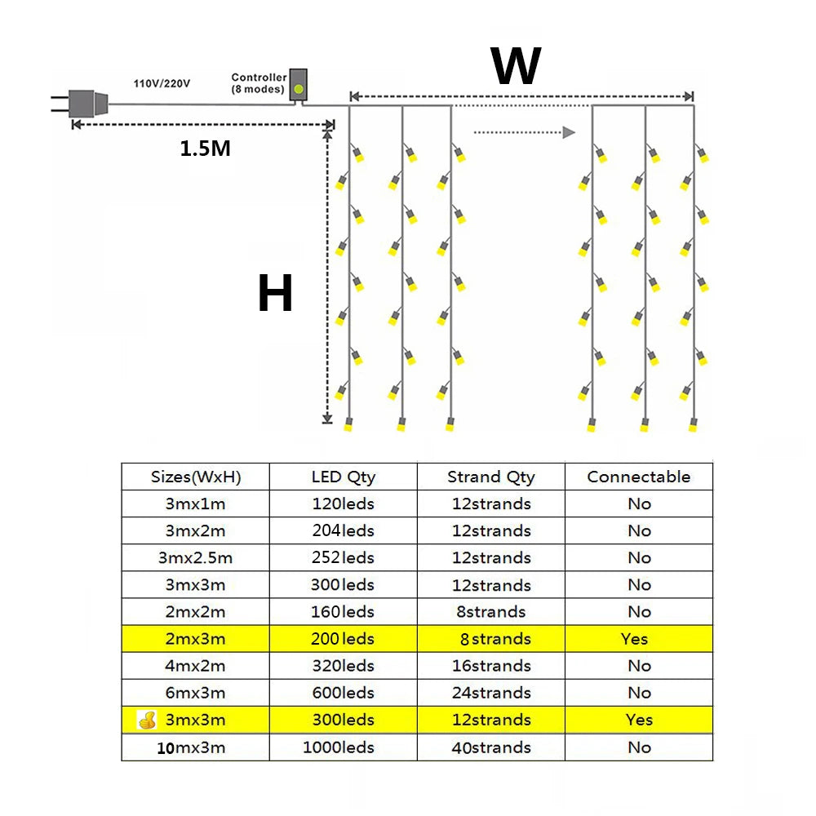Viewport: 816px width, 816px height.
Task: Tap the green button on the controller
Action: click(299, 87)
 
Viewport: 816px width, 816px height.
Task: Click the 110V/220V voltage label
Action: click(162, 83)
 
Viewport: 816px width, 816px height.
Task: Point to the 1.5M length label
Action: click(205, 149)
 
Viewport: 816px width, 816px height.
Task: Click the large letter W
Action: click(516, 66)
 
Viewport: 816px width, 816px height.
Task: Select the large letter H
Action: click(275, 294)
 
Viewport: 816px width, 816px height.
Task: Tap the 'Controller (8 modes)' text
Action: click(258, 83)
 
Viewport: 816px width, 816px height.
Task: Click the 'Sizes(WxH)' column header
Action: click(196, 477)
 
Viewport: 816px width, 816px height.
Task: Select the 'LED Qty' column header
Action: click(343, 477)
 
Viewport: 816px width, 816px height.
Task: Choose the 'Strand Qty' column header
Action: click(491, 477)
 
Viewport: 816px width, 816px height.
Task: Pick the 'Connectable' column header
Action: click(639, 477)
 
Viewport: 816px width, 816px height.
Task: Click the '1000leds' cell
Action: click(339, 747)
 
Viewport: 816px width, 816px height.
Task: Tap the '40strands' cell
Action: click(491, 747)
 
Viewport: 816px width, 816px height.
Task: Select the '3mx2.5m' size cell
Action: click(196, 558)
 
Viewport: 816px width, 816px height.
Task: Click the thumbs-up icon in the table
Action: click(147, 720)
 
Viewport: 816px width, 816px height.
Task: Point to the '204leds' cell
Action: click(343, 531)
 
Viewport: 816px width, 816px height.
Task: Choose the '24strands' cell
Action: click(491, 693)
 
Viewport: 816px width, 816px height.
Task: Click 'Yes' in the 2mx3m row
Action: click(634, 639)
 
